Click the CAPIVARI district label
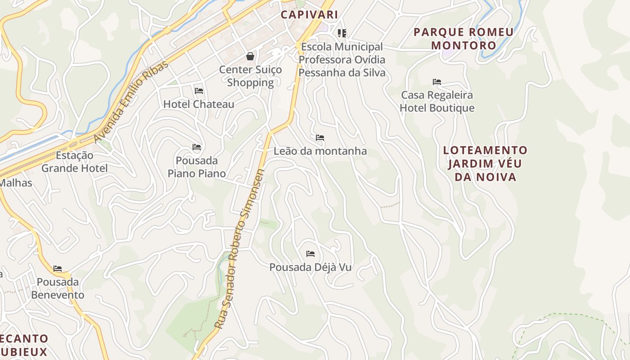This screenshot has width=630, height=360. click(309, 14)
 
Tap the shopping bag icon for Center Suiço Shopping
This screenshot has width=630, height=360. click(250, 56)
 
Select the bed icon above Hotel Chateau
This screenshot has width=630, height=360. click(199, 91)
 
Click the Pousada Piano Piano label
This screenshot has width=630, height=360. click(197, 167)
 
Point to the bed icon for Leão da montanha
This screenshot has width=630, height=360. click(320, 138)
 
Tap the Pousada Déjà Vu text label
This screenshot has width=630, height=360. click(310, 267)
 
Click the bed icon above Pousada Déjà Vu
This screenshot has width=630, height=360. click(310, 254)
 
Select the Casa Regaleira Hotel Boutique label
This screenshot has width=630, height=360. click(437, 102)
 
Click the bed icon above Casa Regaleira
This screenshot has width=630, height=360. click(437, 82)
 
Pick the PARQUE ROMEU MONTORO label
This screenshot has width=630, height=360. click(463, 39)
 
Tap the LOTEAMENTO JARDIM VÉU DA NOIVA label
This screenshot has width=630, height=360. click(485, 163)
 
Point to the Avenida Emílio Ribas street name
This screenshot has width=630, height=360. click(131, 101)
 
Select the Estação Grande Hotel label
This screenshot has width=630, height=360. click(75, 162)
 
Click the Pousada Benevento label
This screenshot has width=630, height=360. click(58, 288)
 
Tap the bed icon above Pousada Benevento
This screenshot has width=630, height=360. click(58, 269)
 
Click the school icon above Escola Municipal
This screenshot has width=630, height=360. click(342, 33)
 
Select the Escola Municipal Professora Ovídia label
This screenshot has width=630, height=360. click(342, 59)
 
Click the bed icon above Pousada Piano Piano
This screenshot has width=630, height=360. click(197, 147)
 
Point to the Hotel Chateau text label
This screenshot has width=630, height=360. click(198, 104)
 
